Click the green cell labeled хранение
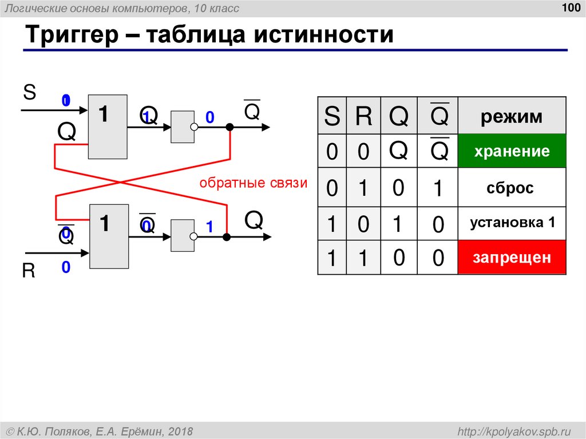[x=512, y=152]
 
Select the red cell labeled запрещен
[x=512, y=258]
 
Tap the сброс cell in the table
[x=512, y=188]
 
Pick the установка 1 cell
[x=512, y=223]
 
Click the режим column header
[x=512, y=117]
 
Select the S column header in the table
[x=332, y=117]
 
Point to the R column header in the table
[x=363, y=117]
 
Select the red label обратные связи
[x=254, y=183]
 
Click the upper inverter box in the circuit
[x=183, y=126]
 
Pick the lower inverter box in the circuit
[x=183, y=235]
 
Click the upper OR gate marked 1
[x=108, y=126]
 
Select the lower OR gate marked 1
[x=108, y=235]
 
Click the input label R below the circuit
[x=29, y=271]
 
